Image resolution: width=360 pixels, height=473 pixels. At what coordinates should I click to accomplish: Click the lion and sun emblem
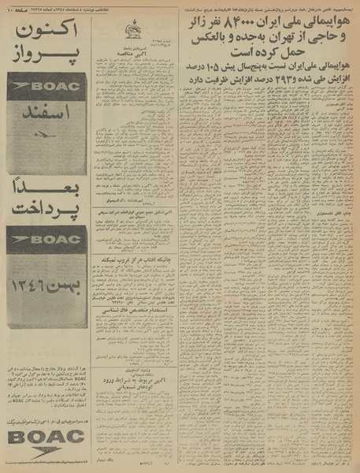[x=133, y=32]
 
